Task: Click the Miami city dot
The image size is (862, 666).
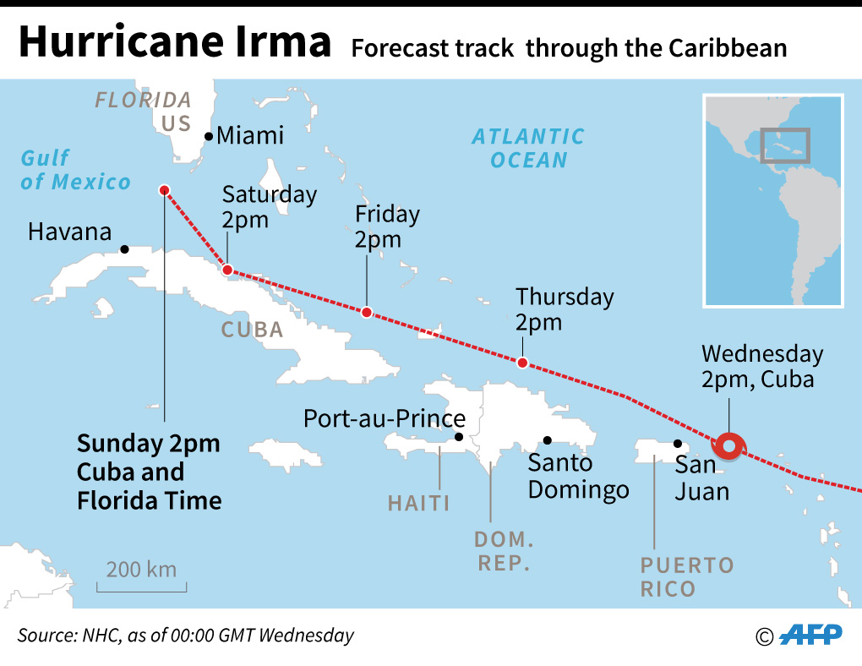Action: [x=209, y=137]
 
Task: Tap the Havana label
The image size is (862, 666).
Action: [x=69, y=231]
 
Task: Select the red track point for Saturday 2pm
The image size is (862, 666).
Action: [x=226, y=270]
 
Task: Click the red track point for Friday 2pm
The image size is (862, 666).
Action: [x=366, y=312]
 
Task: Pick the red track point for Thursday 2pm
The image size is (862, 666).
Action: [x=522, y=363]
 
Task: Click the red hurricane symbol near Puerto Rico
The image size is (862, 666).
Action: [x=728, y=445]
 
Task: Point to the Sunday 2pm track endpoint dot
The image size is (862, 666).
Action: [x=164, y=190]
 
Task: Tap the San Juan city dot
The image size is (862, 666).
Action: [x=677, y=443]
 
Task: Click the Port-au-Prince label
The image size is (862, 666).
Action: [x=384, y=418]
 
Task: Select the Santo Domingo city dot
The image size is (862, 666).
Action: [x=548, y=439]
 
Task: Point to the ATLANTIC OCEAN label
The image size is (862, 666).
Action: [x=528, y=148]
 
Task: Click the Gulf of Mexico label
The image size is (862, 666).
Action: [x=75, y=169]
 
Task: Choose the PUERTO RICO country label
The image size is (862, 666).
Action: [x=686, y=576]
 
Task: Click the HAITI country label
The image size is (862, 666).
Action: [x=418, y=504]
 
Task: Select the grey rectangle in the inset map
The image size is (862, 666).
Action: [x=784, y=145]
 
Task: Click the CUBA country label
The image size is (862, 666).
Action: [x=252, y=329]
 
